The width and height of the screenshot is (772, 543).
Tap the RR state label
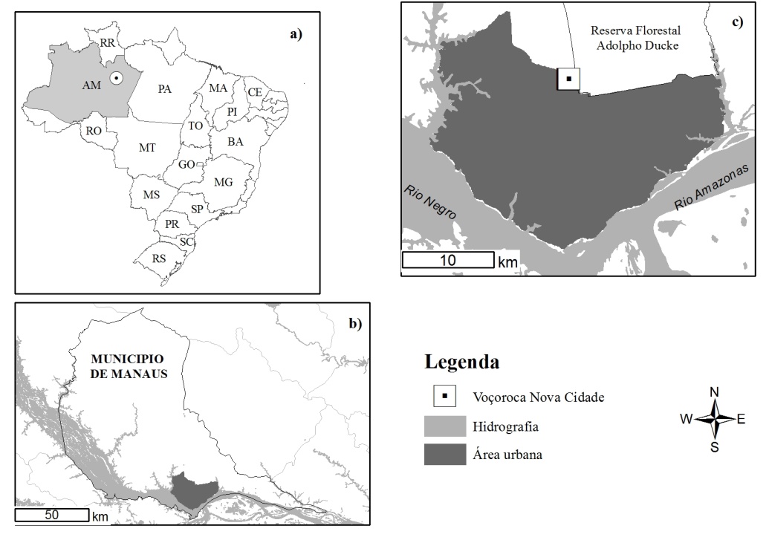[x=108, y=43]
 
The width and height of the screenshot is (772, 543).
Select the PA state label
[x=165, y=88]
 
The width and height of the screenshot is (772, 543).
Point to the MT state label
[x=147, y=148]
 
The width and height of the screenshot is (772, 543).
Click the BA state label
[x=236, y=140]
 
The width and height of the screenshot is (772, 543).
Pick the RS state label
[x=159, y=259]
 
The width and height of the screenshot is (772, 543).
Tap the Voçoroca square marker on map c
[x=568, y=78]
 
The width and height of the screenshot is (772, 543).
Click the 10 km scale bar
[x=448, y=260]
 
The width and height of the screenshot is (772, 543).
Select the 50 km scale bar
[x=51, y=515]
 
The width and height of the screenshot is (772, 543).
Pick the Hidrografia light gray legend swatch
[x=444, y=426]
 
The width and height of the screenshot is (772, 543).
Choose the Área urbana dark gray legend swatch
[x=444, y=455]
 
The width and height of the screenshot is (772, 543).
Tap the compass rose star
[x=714, y=419]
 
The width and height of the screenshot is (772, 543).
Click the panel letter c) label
[x=736, y=21]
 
